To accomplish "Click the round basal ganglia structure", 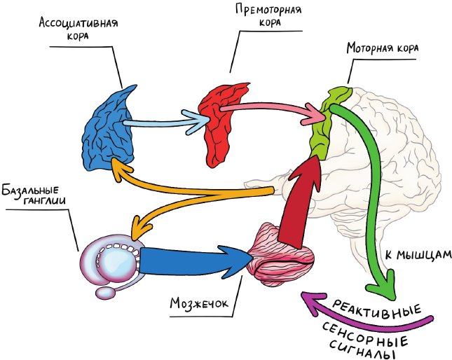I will (x=111, y=260).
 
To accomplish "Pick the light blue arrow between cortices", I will (x=165, y=121).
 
